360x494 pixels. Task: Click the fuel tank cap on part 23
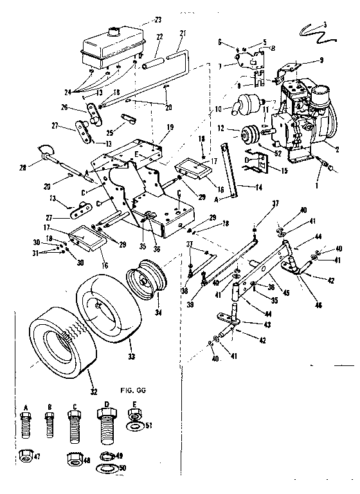tap(116, 30)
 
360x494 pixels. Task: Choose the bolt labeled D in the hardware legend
tap(104, 425)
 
